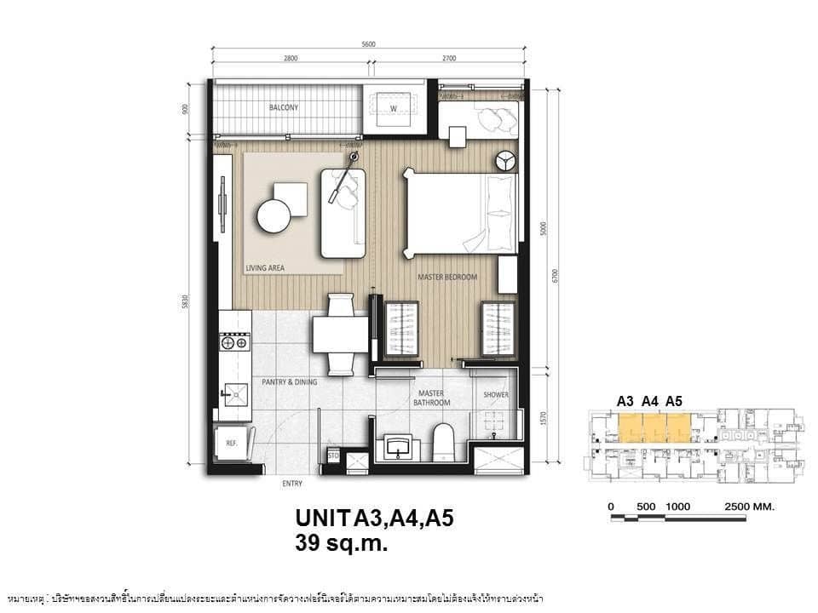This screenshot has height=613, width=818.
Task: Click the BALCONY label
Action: click(x=284, y=108)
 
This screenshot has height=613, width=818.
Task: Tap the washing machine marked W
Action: click(x=394, y=109)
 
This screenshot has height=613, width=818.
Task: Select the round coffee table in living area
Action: click(x=274, y=215)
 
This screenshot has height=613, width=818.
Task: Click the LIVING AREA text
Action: click(x=265, y=268)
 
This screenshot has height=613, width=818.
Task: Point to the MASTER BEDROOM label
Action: click(x=446, y=278)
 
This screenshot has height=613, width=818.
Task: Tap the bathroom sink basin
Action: click(x=398, y=445)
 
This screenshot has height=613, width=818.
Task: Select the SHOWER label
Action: click(x=496, y=395)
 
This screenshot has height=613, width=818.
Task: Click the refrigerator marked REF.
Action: click(x=229, y=444)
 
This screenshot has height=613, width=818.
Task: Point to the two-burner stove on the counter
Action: click(x=234, y=343)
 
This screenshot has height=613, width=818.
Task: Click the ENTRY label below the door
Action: click(x=292, y=484)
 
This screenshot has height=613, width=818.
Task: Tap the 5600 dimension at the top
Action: click(x=367, y=44)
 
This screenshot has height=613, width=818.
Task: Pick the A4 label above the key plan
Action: click(x=650, y=400)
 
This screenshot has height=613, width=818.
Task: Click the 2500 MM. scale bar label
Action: click(x=749, y=506)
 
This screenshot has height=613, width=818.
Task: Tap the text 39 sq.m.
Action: click(x=341, y=543)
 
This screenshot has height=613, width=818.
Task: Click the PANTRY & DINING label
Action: click(x=290, y=382)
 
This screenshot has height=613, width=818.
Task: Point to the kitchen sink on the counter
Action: click(x=234, y=392)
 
